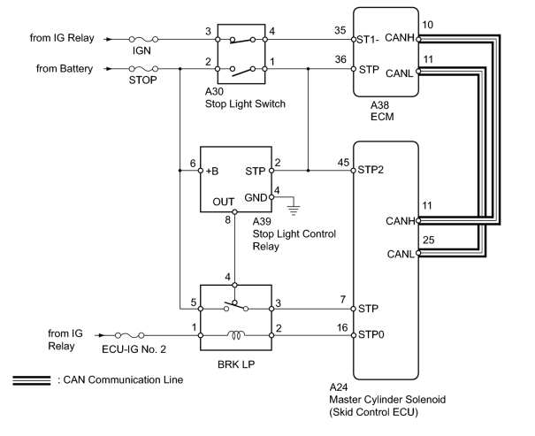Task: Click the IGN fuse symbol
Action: [143, 39]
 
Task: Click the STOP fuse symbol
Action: [143, 69]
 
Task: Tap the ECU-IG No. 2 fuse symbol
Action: [129, 335]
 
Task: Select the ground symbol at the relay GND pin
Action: [293, 210]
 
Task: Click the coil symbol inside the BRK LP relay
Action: [236, 335]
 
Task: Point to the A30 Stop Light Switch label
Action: [245, 97]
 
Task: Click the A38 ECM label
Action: [382, 111]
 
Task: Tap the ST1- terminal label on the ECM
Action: [368, 40]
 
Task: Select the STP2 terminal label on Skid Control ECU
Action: [371, 170]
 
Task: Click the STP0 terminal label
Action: [371, 334]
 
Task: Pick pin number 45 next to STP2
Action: [343, 163]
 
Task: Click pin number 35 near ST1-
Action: [340, 30]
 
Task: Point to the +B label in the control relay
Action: [212, 171]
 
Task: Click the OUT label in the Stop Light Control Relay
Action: [223, 202]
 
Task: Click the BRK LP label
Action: [236, 364]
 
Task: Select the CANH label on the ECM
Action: [400, 37]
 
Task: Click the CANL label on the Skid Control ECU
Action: [401, 254]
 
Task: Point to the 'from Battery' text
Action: [65, 69]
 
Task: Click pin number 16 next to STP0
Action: [342, 327]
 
